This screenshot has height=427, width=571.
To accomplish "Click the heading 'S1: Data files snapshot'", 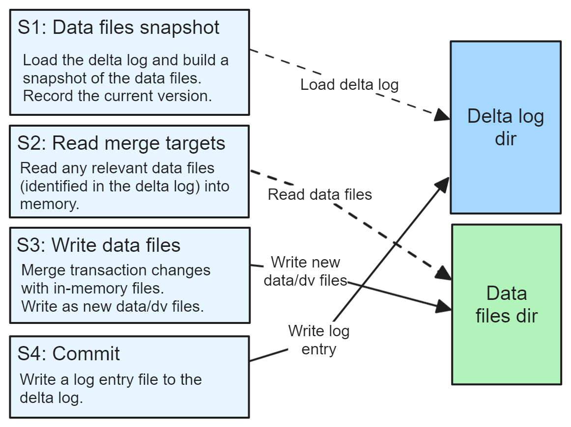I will pyautogui.click(x=118, y=27).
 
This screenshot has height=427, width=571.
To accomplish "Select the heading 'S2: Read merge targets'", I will pyautogui.click(x=121, y=143).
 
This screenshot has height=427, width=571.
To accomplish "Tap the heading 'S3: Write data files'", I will pyautogui.click(x=99, y=245).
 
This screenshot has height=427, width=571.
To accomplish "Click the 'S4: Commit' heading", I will pyautogui.click(x=69, y=353).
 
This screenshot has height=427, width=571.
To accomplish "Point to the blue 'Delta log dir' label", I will pyautogui.click(x=506, y=127).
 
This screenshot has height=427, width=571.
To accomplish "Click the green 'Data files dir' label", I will pyautogui.click(x=506, y=304).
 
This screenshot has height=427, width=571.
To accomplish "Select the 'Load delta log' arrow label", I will pyautogui.click(x=349, y=85).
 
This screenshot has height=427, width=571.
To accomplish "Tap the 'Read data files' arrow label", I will pyautogui.click(x=319, y=195).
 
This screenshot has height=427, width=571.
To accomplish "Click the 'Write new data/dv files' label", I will pyautogui.click(x=305, y=271).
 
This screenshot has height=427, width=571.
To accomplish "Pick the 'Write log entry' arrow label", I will pyautogui.click(x=319, y=340).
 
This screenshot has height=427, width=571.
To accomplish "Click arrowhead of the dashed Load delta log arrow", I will pyautogui.click(x=444, y=116).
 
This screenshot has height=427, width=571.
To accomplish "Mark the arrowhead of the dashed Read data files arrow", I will pyautogui.click(x=445, y=274).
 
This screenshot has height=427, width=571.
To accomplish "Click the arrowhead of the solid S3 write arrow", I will pyautogui.click(x=445, y=308).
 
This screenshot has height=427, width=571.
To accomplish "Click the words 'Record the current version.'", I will pyautogui.click(x=117, y=96).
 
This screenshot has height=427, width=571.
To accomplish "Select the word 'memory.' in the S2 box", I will pyautogui.click(x=50, y=204).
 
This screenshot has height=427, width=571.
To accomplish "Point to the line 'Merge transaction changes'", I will pyautogui.click(x=116, y=270).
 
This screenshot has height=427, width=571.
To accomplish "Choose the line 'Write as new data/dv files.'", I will pyautogui.click(x=112, y=307).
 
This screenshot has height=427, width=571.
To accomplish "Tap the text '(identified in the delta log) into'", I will pyautogui.click(x=125, y=187).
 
